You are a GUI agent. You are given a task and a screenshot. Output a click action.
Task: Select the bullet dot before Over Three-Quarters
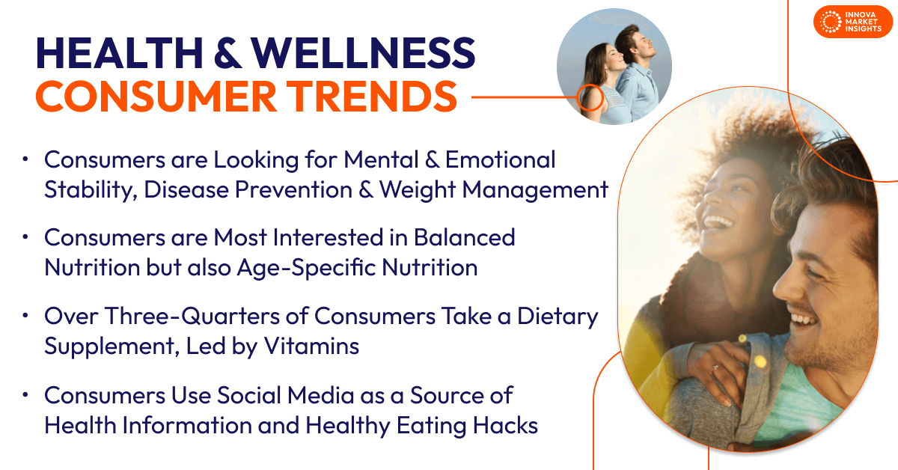26,316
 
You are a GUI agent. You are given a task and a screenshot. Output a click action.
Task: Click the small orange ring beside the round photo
590,97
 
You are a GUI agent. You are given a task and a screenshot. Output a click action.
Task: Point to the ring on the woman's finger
716,367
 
